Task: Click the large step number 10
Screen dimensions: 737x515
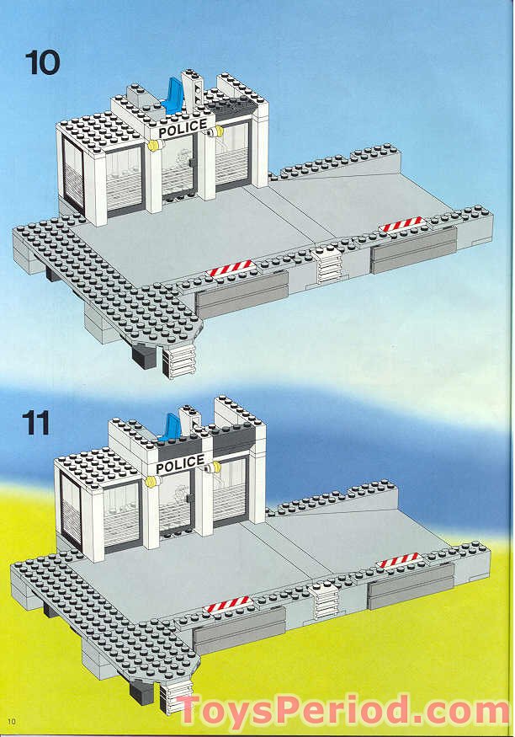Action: pos(43,63)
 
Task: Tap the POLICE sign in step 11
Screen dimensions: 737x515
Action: pos(180,465)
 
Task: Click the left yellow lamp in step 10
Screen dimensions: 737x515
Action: pos(153,144)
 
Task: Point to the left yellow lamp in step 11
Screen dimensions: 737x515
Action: pos(151,482)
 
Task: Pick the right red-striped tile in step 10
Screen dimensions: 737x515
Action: pos(403,224)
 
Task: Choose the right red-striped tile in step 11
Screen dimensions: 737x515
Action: pos(399,560)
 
